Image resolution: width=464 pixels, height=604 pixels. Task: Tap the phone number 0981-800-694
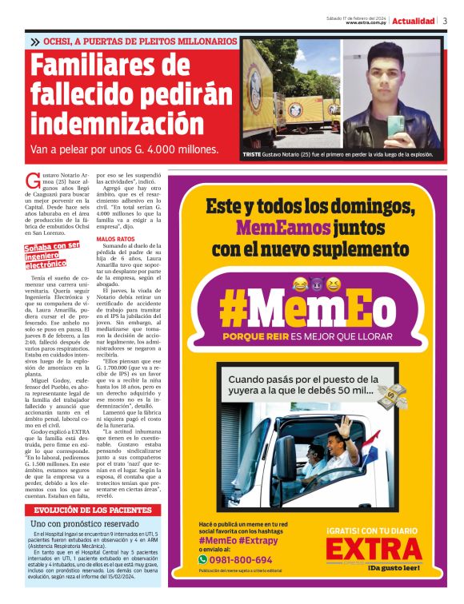[241, 560]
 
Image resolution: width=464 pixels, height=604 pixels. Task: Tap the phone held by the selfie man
[398, 127]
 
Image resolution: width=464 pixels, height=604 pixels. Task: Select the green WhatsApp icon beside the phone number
[203, 560]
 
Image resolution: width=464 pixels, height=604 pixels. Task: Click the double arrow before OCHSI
[35, 41]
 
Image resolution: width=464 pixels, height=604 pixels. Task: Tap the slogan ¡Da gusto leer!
[395, 569]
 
